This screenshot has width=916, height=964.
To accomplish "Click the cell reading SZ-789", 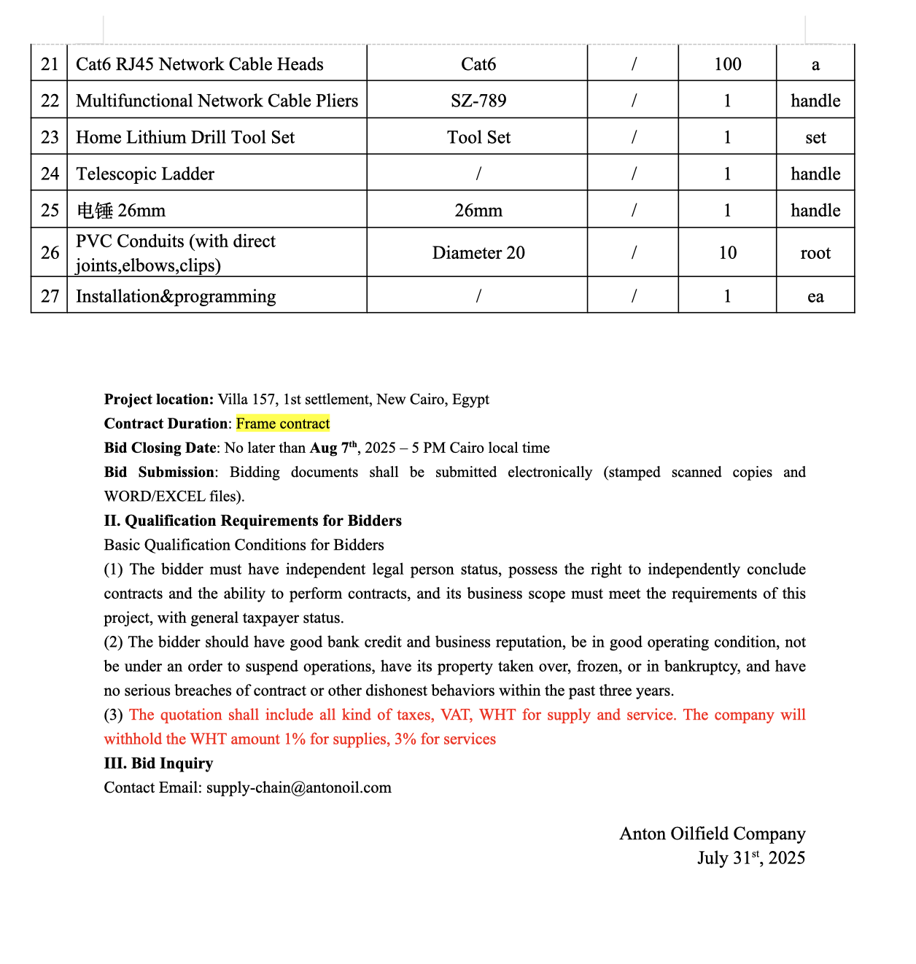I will [x=478, y=101].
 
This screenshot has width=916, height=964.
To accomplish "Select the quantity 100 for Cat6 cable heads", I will [x=727, y=64].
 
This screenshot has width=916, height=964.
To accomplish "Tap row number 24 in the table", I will [x=50, y=174].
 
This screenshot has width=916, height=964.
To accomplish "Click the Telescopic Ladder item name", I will [x=145, y=174].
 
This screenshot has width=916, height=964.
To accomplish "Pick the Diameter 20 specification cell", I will [x=478, y=253].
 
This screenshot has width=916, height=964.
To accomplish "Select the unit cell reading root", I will [x=815, y=253].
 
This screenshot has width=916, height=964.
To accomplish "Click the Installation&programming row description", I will [x=176, y=296].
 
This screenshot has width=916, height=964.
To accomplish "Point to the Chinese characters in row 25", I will [x=95, y=211].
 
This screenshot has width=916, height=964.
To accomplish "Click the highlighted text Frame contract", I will [x=283, y=424].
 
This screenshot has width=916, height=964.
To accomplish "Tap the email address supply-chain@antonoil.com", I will [x=299, y=788].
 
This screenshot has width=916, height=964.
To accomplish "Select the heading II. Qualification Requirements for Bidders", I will [x=253, y=521].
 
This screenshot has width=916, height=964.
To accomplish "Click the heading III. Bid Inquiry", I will [x=159, y=763].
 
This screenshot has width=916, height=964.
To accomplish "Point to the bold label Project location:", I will [x=159, y=400].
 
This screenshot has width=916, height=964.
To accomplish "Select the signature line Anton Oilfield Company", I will [x=712, y=833].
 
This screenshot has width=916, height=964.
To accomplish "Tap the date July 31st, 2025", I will [x=750, y=858].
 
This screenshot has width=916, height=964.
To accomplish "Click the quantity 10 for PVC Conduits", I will [x=727, y=253].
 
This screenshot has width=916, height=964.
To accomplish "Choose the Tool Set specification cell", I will [x=478, y=137].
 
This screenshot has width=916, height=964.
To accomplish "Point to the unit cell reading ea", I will [x=815, y=297].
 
